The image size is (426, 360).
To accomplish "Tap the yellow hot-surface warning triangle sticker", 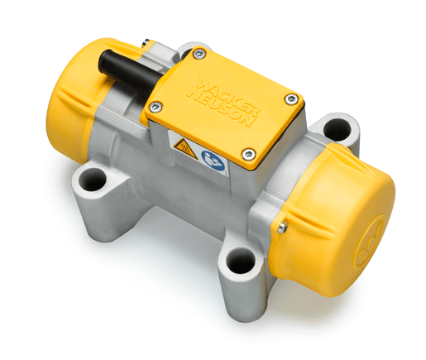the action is (186, 148).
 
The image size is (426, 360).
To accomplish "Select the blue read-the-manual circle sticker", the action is (213, 161).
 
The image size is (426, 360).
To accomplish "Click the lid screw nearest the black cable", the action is (156, 107).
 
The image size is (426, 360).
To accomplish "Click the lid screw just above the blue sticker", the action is (248, 154).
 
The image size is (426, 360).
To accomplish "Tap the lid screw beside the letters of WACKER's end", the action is (290, 99).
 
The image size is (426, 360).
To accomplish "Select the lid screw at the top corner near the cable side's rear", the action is (199, 54).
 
